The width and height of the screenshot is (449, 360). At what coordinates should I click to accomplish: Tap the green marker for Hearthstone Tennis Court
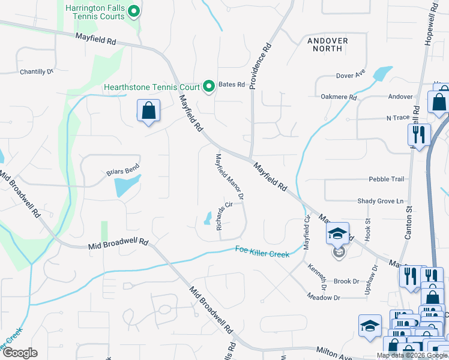[209, 87]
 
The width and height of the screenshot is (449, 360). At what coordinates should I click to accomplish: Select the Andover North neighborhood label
[327, 44]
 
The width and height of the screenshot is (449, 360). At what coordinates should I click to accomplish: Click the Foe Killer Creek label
[262, 252]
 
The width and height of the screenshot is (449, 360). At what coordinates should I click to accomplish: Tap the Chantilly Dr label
[37, 71]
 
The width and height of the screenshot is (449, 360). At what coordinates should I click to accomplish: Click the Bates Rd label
[232, 85]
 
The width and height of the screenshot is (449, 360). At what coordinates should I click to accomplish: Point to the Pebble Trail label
[386, 179]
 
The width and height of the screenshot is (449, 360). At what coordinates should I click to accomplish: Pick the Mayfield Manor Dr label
[229, 176]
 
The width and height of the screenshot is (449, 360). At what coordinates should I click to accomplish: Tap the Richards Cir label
[221, 218]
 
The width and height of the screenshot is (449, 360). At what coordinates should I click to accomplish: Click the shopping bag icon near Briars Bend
[148, 111]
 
